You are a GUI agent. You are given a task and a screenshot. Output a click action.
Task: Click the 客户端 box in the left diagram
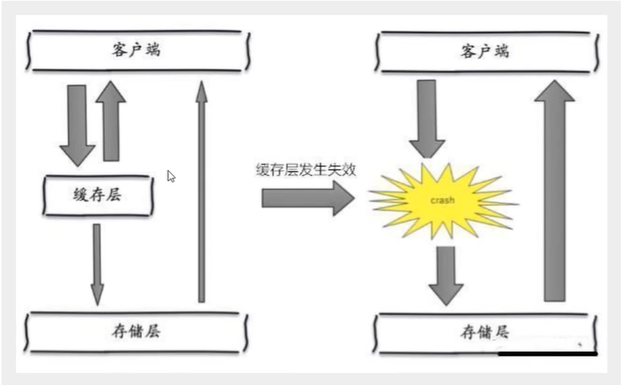135,50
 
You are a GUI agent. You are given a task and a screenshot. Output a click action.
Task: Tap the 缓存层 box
98,195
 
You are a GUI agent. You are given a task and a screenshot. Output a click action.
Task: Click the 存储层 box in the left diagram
135,330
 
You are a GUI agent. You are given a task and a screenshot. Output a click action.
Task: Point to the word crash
440,199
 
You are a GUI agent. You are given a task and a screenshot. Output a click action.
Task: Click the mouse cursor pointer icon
171,176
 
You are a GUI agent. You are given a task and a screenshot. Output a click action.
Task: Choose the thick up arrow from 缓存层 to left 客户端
111,120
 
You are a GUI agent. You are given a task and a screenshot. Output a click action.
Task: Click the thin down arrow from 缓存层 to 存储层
97,263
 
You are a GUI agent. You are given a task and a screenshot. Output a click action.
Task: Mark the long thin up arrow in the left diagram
201,192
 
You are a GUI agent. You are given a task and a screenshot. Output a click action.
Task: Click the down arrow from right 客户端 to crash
426,119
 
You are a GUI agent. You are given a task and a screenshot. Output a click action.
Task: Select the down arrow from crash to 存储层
446,275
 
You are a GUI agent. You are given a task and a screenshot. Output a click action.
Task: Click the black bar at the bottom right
547,353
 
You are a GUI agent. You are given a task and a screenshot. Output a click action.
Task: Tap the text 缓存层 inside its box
98,195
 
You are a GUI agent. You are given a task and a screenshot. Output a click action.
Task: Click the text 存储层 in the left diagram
135,330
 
